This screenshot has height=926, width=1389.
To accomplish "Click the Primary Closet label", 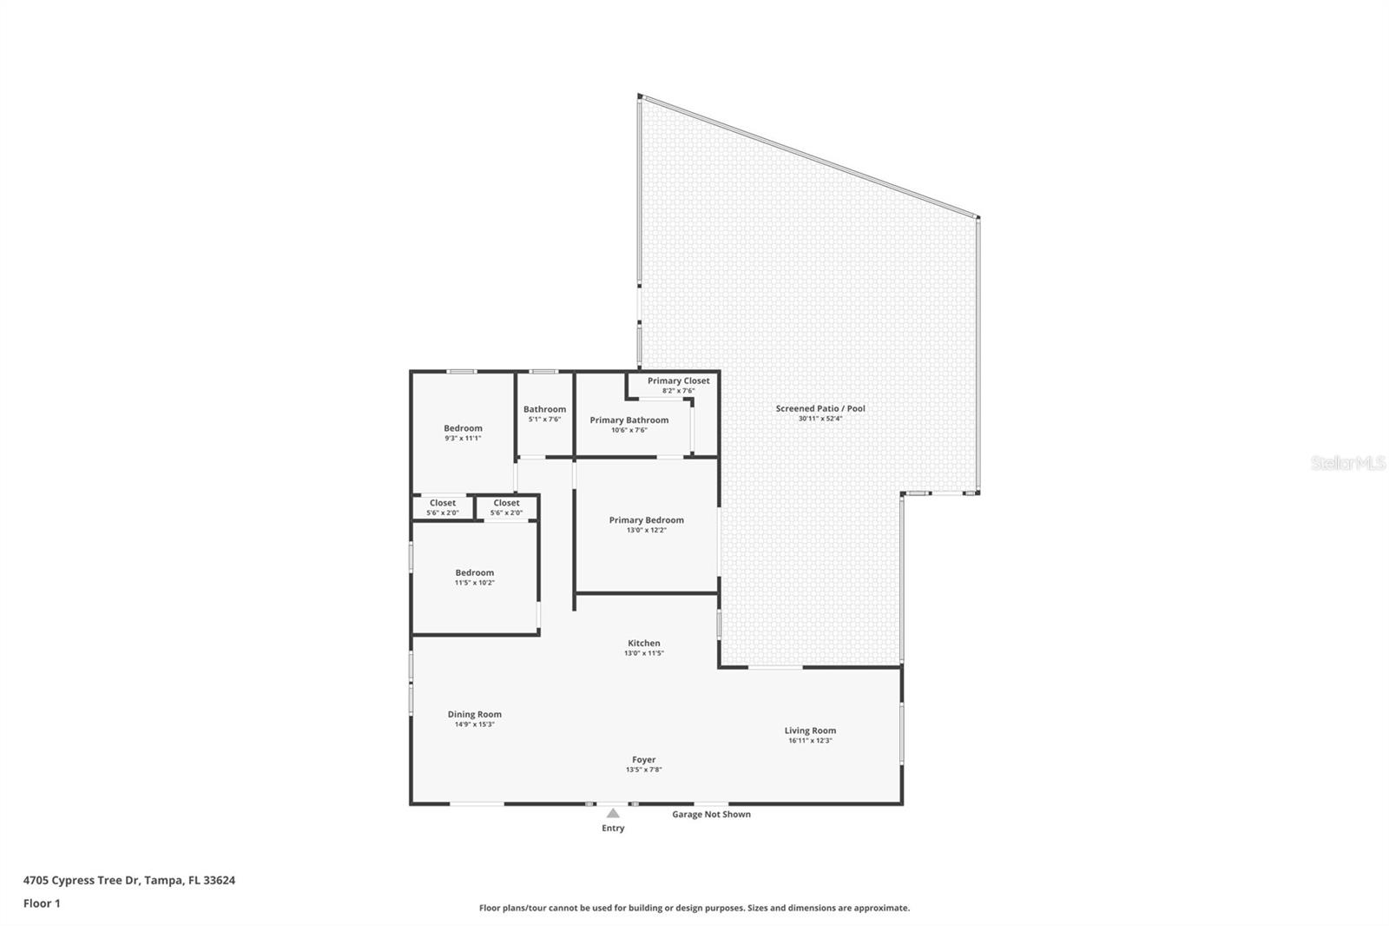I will pos(678,380).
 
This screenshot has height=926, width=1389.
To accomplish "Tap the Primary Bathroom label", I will pos(629,420).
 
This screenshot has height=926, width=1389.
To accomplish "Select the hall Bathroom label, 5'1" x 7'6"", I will pos(544,409).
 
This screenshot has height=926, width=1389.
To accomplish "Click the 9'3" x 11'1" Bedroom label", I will pos(463,428).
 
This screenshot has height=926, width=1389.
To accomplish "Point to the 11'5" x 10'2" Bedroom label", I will pos(474,573).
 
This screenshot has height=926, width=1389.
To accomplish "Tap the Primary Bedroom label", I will pos(646,520).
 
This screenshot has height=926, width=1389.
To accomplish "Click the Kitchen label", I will pos(643,644).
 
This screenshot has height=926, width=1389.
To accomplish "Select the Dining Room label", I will pos(474,715).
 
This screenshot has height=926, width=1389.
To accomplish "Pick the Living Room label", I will pos(810,731).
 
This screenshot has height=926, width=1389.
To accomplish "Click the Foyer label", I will pos(643,760).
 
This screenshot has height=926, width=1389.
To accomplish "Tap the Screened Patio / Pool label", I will pos(820,408).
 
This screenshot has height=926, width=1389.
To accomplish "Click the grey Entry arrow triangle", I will pos(613,814).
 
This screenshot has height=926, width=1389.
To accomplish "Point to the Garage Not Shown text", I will pos(711,815).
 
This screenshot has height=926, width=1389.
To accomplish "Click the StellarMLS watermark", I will pos(1347,464).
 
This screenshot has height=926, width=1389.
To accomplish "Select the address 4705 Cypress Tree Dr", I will pos(128,880).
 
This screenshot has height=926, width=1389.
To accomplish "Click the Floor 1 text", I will pos(42,903).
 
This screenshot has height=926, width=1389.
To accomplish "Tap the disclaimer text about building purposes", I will pos(694,908).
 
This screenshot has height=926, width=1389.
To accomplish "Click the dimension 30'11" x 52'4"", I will pos(820,419).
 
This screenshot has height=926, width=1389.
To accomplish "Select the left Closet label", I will pos(442,503).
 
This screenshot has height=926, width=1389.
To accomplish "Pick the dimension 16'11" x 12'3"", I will pos(810,741).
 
